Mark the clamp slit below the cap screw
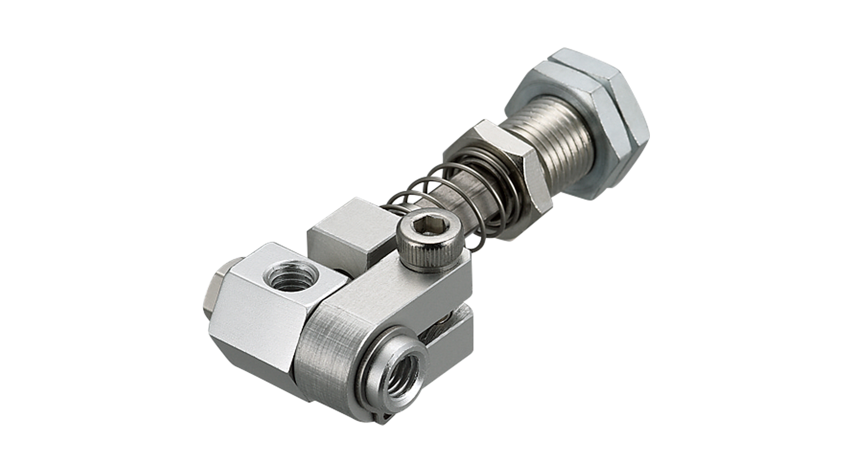point(454,312)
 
